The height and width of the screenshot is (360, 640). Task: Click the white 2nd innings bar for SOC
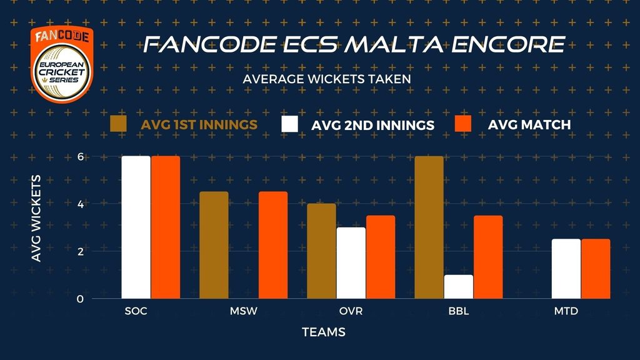click(136, 227)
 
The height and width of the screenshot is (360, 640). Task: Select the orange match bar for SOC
click(166, 227)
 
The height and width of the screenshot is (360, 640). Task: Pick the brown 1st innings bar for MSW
click(214, 245)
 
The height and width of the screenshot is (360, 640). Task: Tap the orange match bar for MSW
click(273, 245)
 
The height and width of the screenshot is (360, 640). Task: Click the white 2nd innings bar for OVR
click(351, 263)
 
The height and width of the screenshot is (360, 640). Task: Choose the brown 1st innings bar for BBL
click(428, 227)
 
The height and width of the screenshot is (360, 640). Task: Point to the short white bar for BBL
click(458, 287)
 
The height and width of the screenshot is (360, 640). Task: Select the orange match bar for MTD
click(596, 269)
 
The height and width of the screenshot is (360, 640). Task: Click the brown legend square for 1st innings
click(119, 124)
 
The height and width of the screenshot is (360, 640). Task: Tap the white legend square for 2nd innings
click(289, 124)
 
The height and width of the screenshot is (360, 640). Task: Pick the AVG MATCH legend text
click(529, 124)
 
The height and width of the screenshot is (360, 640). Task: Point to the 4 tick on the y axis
click(79, 204)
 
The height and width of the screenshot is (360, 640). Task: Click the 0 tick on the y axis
click(79, 299)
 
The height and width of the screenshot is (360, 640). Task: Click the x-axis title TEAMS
click(324, 332)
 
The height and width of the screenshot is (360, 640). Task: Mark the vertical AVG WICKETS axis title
click(36, 219)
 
